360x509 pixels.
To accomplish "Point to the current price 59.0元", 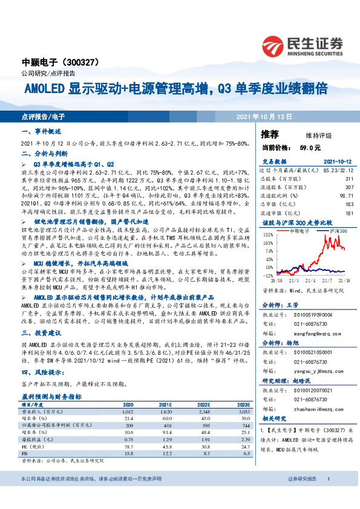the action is click(304, 147).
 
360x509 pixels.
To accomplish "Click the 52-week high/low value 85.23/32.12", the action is click(336, 171).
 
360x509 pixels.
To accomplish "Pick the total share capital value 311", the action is click(349, 179).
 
